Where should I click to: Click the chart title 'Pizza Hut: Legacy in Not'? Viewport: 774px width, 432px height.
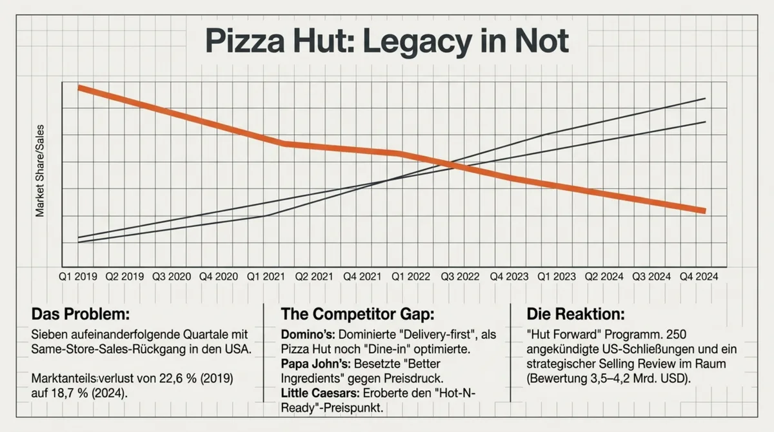pyautogui.click(x=386, y=41)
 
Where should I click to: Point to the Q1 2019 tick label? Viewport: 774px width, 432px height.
pyautogui.click(x=78, y=275)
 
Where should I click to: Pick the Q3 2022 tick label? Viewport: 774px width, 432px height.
pyautogui.click(x=459, y=275)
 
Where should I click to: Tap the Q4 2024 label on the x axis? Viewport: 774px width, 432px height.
pyautogui.click(x=699, y=275)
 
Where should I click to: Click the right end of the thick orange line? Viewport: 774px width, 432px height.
pyautogui.click(x=703, y=211)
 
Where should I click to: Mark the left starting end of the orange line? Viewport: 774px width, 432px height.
pyautogui.click(x=79, y=87)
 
